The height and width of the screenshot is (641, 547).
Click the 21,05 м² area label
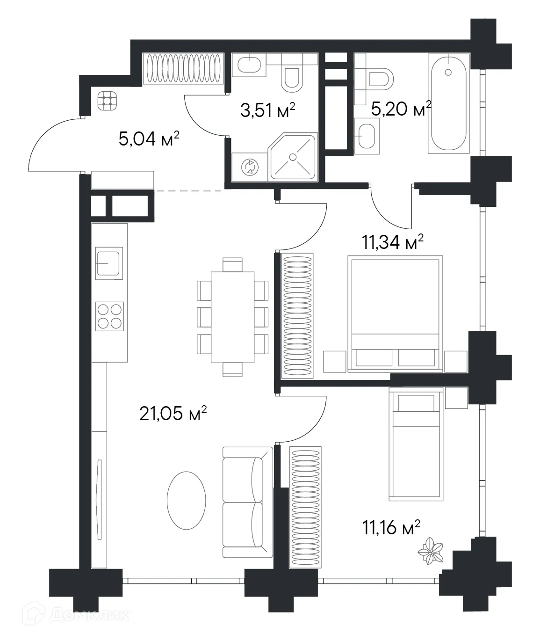pyautogui.click(x=173, y=413)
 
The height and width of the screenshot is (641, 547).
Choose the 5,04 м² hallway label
pyautogui.click(x=149, y=139)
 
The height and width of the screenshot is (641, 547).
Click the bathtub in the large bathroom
pyautogui.click(x=448, y=102)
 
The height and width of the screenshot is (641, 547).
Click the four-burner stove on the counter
pyautogui.click(x=110, y=316)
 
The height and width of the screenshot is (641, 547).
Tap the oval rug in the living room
pyautogui.click(x=186, y=500)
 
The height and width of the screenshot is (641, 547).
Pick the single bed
pyautogui.click(x=414, y=444)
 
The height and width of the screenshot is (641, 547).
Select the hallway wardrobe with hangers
pyautogui.click(x=183, y=68)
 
